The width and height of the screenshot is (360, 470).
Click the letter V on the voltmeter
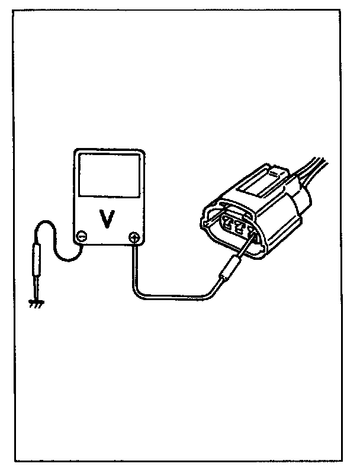pos(107,218)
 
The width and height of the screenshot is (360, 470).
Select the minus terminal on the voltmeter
pos(83,236)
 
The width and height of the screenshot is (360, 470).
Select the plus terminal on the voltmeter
pos(134,238)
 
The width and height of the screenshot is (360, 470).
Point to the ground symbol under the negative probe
pos(36,304)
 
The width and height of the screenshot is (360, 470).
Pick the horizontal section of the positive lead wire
pos(172,297)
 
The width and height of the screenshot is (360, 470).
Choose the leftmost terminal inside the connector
pos(227,224)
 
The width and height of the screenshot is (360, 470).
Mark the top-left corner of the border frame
pos(15,9)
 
